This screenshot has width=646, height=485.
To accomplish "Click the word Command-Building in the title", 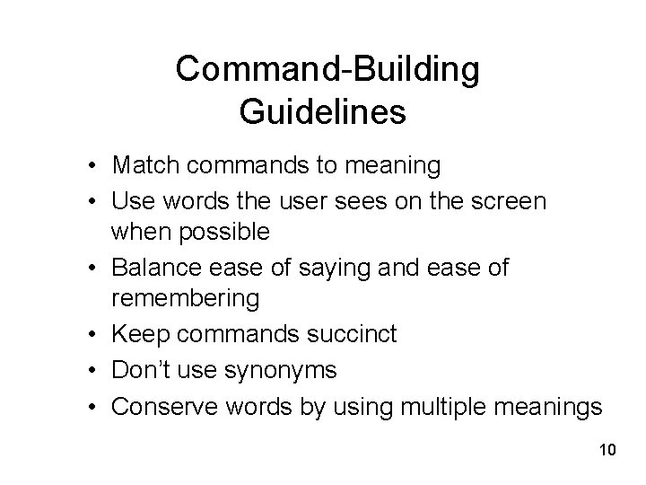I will (327, 69).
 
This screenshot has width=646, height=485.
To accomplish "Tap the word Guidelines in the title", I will (324, 112).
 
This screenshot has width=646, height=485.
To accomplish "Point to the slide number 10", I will (606, 448).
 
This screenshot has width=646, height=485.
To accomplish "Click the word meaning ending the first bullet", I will (391, 166).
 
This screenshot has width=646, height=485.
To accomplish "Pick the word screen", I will (502, 198).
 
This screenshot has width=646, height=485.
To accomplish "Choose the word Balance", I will (154, 266).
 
